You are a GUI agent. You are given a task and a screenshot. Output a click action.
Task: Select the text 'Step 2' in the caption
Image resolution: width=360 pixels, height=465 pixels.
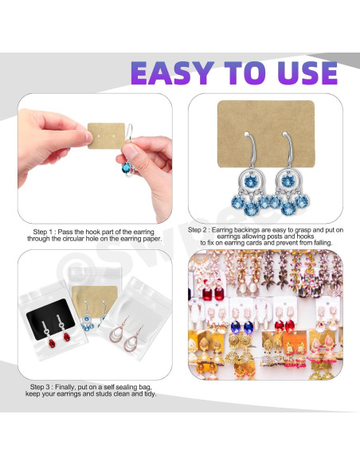(x=198, y=230)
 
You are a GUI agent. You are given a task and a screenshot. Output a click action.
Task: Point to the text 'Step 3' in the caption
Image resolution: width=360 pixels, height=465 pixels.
(x=41, y=387)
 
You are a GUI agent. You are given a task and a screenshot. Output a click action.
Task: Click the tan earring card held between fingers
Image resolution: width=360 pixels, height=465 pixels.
(x=106, y=136)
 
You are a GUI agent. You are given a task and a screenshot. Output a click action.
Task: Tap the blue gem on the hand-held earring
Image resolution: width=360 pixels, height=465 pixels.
(x=127, y=168)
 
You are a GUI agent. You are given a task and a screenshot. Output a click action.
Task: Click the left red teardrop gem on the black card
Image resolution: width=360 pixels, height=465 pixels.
(x=52, y=343)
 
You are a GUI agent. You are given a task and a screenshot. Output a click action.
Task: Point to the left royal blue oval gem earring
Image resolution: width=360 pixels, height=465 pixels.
(x=236, y=326)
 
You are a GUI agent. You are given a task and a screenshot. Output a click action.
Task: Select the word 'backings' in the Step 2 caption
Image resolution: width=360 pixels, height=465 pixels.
(x=246, y=230)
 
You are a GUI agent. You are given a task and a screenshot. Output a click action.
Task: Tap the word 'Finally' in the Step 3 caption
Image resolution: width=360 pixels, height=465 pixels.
(x=65, y=387)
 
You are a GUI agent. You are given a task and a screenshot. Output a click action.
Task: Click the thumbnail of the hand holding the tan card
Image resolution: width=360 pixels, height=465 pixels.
(x=96, y=158)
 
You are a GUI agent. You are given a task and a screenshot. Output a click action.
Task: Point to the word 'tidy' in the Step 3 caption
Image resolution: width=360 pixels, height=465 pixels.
(x=150, y=394)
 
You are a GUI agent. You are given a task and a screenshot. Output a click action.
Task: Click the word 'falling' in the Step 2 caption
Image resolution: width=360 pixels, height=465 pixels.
(x=322, y=243)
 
